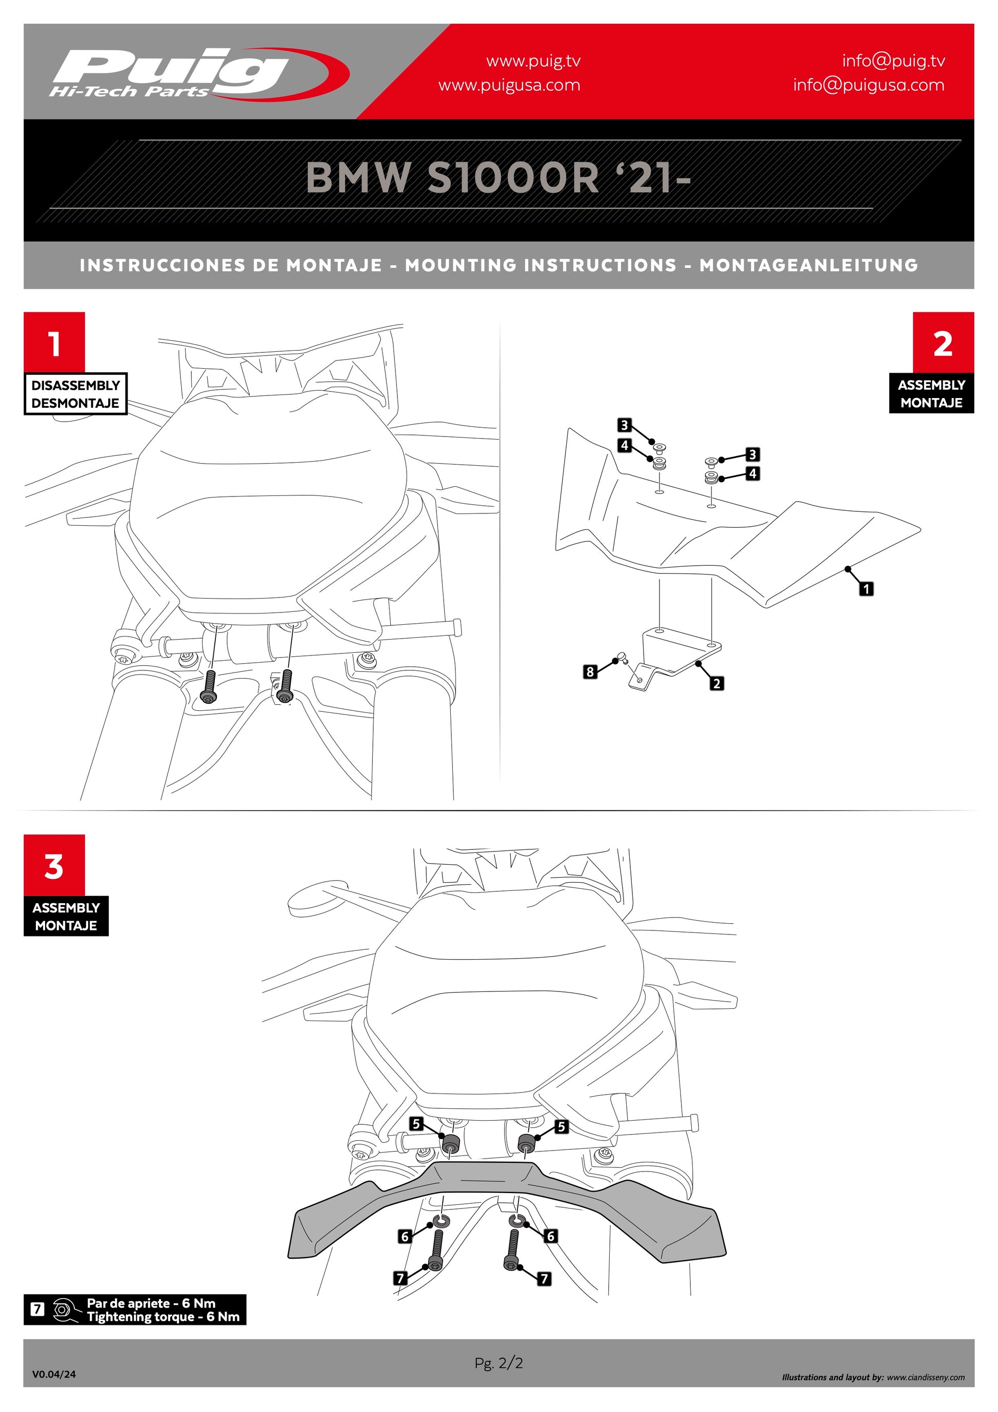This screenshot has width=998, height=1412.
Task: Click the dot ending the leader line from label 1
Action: coord(848,568)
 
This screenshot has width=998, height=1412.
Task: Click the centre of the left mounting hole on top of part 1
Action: coord(659,492)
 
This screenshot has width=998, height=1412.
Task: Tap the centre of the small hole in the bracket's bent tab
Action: coord(640,680)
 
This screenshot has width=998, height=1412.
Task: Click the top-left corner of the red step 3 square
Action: coord(24,834)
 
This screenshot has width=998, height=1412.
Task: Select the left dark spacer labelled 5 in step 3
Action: coord(452,1146)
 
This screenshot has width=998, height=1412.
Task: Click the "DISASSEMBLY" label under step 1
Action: coord(75,386)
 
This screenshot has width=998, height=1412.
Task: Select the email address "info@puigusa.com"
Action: coord(868,85)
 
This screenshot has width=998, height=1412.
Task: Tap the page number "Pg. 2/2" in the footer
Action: coord(498,1363)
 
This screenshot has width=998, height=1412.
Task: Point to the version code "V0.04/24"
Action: coord(54,1374)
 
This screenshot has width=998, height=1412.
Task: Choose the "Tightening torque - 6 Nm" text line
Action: coord(163,1317)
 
